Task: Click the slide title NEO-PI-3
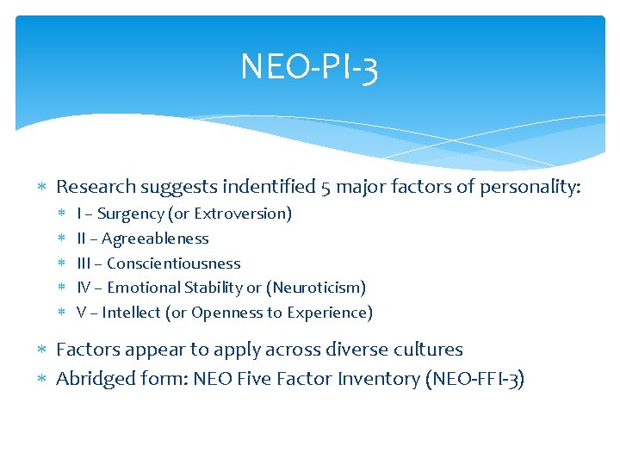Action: tap(309, 66)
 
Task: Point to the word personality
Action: tap(531, 186)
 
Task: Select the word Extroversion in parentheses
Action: tap(243, 214)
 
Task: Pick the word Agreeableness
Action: tap(155, 239)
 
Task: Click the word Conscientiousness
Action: tap(174, 263)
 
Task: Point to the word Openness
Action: tap(223, 313)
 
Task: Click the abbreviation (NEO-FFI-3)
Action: tap(474, 379)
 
